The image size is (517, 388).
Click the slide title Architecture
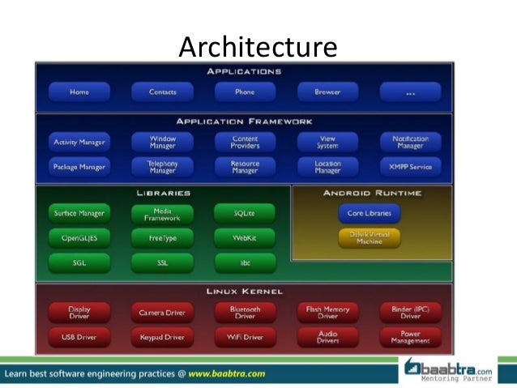point(257,47)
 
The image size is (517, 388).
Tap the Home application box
point(79,92)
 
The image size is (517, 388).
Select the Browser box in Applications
point(327,92)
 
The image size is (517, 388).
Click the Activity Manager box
point(79,143)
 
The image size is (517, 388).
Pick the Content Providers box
point(245,143)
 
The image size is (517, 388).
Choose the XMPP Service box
point(410,168)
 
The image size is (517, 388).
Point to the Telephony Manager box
point(162,168)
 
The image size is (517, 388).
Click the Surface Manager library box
point(79,214)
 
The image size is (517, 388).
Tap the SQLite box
point(245,214)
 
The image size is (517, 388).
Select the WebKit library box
point(245,238)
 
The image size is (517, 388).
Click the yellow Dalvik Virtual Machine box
point(369,238)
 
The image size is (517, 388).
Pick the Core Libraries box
point(369,214)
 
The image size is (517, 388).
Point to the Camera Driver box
point(162,313)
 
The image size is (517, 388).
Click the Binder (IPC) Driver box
point(410,313)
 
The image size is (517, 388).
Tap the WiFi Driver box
point(245,337)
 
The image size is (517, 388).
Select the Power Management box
point(410,337)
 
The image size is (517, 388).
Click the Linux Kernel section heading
point(244,291)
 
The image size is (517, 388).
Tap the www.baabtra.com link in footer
point(227,374)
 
